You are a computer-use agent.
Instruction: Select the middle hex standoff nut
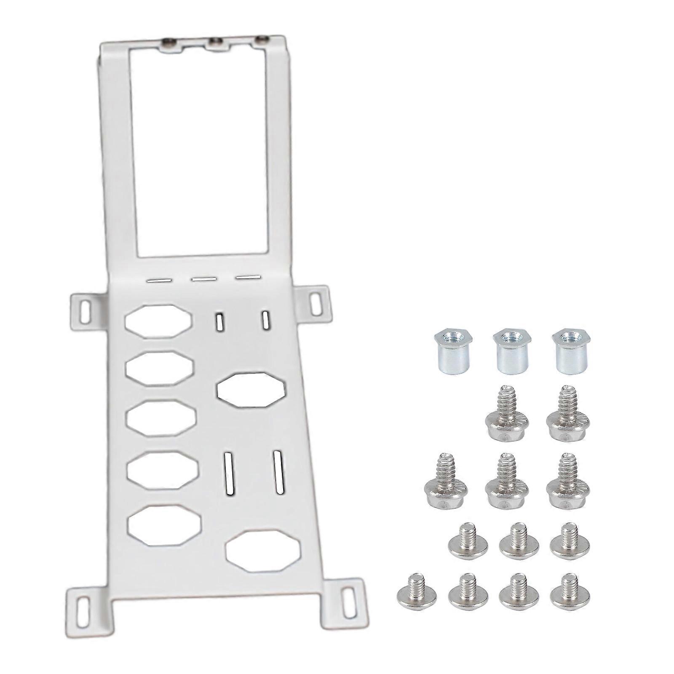point(512,350)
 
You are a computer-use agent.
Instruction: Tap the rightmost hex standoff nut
point(571,350)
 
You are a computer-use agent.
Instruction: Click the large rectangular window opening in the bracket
point(198,152)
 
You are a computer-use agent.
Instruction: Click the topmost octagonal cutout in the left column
point(158,321)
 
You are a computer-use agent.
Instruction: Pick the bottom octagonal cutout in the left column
point(164,526)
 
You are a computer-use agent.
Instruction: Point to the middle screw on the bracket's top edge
point(216,43)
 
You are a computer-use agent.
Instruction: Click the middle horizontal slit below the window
point(203,279)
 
